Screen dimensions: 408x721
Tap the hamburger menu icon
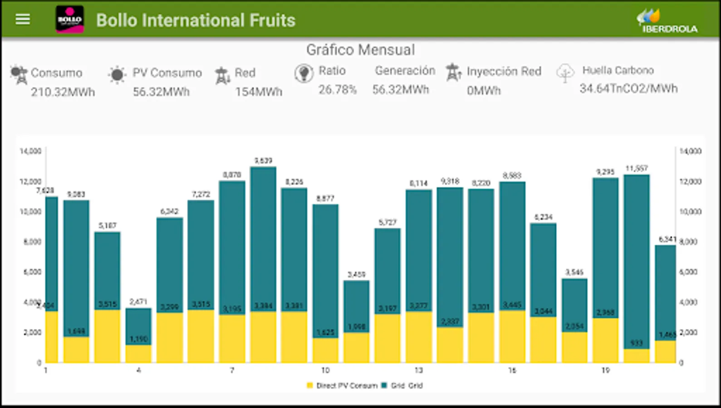(x=23, y=19)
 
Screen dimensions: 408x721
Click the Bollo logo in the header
(x=69, y=19)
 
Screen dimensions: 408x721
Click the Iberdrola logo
(x=667, y=21)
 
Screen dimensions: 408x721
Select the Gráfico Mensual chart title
(x=360, y=50)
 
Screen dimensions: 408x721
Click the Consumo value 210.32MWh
(x=63, y=92)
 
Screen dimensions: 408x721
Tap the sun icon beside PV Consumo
(x=117, y=75)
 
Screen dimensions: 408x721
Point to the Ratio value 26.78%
(x=337, y=90)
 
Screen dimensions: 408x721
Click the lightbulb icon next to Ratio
(x=304, y=73)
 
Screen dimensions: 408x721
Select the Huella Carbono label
(x=618, y=70)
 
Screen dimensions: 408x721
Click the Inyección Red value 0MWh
(x=484, y=91)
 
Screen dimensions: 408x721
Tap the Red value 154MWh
(x=258, y=92)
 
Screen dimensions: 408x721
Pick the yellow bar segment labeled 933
(x=637, y=356)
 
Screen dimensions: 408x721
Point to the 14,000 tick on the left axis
(x=30, y=151)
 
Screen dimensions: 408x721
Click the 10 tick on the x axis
(x=325, y=370)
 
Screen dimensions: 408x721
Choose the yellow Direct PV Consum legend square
(x=310, y=386)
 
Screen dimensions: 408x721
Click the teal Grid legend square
(x=384, y=386)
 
